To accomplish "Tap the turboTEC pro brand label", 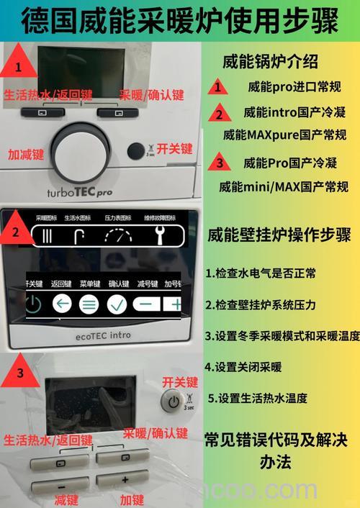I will coord(79,192).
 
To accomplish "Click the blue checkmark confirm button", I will coord(117,304).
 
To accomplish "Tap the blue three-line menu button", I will coord(89,304).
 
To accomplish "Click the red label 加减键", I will coord(26,153).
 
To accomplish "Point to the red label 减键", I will coord(66,499).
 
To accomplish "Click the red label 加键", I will coord(132,499).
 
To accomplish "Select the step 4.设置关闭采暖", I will coord(243,367).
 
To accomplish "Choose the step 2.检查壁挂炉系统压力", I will coord(261,304).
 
